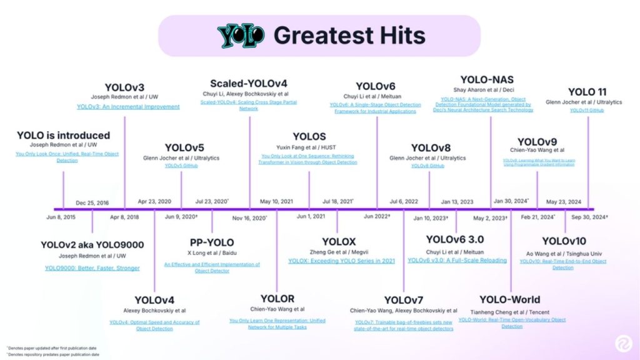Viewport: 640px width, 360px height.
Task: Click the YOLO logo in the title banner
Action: point(241,36)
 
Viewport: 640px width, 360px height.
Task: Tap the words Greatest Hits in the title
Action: point(349,36)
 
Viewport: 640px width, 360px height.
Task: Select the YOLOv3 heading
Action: point(124,87)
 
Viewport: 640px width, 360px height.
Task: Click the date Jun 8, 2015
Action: point(61,217)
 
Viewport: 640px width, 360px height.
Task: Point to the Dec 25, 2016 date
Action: point(92,202)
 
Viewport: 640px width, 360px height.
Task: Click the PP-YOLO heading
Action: point(211,242)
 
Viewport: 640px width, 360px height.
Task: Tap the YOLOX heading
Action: point(339,241)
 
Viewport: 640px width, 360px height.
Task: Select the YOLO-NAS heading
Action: point(487,79)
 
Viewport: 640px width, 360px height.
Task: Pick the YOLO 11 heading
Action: point(587,92)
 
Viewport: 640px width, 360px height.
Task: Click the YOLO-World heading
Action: point(510,299)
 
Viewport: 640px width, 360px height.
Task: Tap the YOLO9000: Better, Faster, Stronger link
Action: point(92,268)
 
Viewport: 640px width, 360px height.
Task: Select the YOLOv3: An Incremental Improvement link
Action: point(128,107)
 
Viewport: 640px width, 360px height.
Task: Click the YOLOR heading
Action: point(277,299)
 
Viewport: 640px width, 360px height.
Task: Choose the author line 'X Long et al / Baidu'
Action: point(212,253)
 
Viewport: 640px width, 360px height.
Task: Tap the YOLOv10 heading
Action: point(564,242)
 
